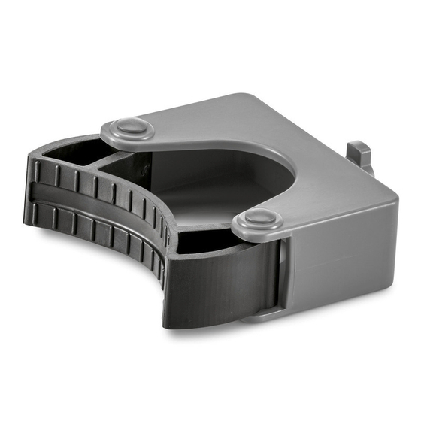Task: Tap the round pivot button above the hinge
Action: (257, 220)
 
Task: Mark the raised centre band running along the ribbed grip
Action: (98, 204)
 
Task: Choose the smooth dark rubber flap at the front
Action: (218, 282)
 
